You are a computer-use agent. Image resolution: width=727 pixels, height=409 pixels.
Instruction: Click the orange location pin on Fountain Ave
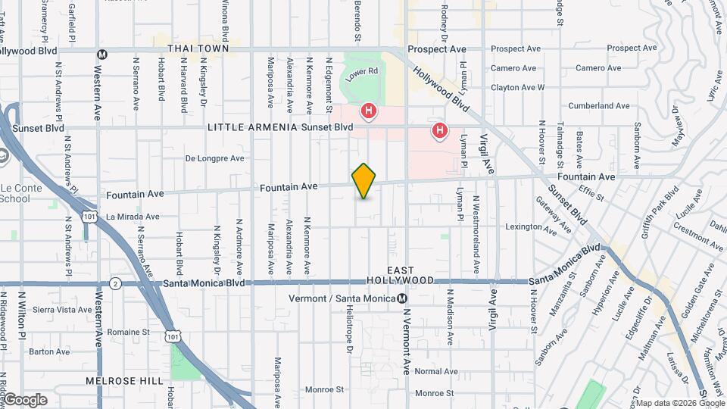[364, 180]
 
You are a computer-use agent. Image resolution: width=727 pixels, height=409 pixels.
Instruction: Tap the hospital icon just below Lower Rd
[369, 112]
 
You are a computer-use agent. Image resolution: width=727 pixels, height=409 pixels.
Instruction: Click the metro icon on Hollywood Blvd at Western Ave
[102, 53]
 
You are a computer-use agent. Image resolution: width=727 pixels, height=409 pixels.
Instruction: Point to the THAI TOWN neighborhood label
[198, 48]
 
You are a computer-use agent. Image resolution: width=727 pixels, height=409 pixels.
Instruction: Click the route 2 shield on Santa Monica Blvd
[115, 283]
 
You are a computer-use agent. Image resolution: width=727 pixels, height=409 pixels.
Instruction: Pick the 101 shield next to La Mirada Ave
[90, 217]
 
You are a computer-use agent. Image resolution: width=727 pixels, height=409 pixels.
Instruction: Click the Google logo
[24, 399]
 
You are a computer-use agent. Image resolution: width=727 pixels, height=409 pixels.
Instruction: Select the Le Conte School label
[15, 193]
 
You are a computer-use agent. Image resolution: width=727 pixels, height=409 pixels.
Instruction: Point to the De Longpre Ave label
[216, 159]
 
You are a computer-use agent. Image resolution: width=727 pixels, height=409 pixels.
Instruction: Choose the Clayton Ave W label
[517, 88]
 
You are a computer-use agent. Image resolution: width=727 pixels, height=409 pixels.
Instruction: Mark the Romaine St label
[129, 332]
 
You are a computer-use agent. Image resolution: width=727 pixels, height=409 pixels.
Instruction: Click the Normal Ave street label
[436, 371]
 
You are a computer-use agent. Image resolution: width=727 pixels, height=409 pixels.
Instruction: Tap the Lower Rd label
[360, 73]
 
